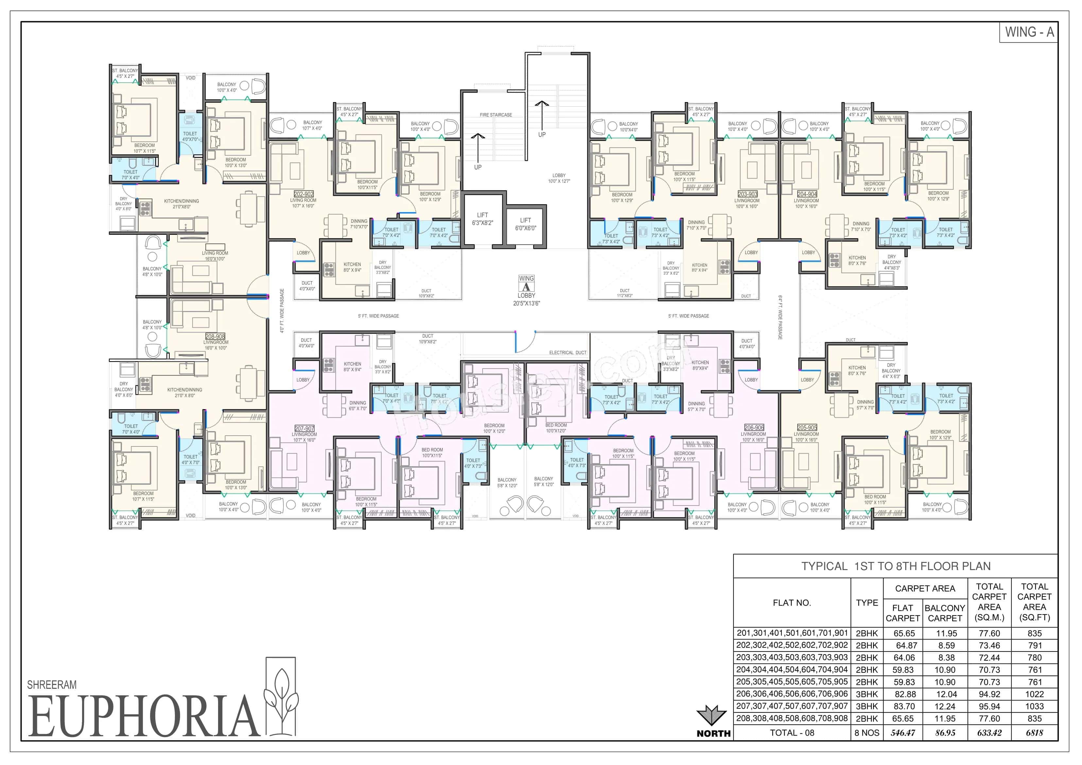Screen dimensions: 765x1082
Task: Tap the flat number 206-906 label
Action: (754, 427)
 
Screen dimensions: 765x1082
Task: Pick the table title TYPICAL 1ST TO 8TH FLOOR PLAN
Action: (895, 566)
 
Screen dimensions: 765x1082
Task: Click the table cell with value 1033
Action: (1034, 706)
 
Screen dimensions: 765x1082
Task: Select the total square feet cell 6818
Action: (1034, 733)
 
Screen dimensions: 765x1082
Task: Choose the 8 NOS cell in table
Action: (867, 733)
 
